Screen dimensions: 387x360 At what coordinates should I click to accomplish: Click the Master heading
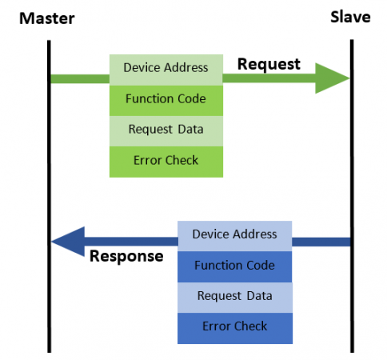pyautogui.click(x=47, y=18)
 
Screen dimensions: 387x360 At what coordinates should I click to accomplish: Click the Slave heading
pyautogui.click(x=350, y=17)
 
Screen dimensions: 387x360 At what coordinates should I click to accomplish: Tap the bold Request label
pyautogui.click(x=269, y=64)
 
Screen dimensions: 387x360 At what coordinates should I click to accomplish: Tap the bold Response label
pyautogui.click(x=126, y=257)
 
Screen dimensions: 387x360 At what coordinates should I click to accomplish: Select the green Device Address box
pyautogui.click(x=166, y=70)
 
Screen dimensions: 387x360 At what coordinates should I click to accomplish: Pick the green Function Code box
pyautogui.click(x=166, y=101)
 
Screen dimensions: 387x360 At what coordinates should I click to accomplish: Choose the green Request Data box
pyautogui.click(x=166, y=131)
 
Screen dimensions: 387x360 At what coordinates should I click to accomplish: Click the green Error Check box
pyautogui.click(x=166, y=162)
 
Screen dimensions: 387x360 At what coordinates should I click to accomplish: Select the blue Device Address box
pyautogui.click(x=235, y=236)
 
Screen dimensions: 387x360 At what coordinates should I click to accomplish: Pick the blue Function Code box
pyautogui.click(x=235, y=266)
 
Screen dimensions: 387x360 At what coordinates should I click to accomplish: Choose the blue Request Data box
pyautogui.click(x=235, y=298)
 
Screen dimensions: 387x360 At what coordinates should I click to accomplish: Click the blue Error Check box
pyautogui.click(x=235, y=328)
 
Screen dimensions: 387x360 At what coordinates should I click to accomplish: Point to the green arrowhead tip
pyautogui.click(x=349, y=78)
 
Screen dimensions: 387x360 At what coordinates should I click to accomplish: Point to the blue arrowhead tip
pyautogui.click(x=51, y=242)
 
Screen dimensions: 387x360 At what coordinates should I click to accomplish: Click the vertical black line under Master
pyautogui.click(x=49, y=196)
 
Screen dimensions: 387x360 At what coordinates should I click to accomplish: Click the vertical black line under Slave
pyautogui.click(x=352, y=196)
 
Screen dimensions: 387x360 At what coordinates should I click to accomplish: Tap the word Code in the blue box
pyautogui.click(x=261, y=266)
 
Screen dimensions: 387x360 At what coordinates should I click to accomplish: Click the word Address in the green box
pyautogui.click(x=186, y=68)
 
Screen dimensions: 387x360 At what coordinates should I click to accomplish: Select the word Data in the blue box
pyautogui.click(x=259, y=296)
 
